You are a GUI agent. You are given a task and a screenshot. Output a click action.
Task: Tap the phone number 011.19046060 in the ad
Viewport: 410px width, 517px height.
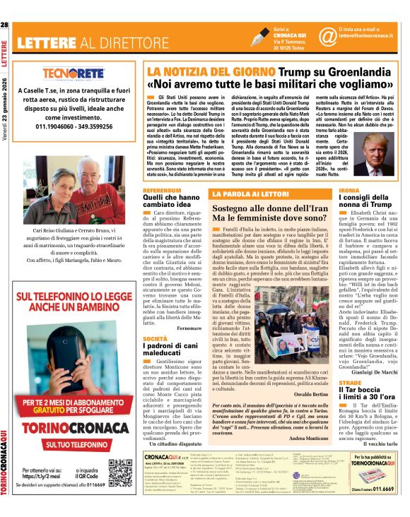point(48,126)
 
